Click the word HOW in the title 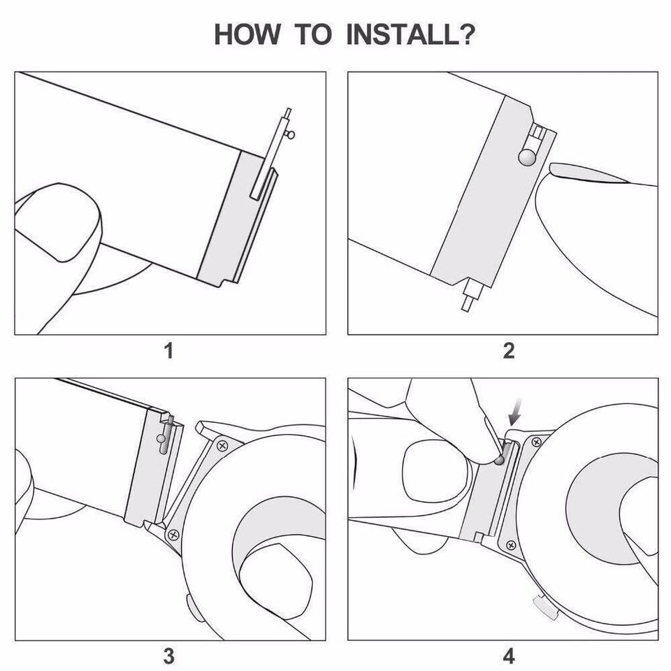247,34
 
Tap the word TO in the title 313,34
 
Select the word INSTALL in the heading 403,34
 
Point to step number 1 169,351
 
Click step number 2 508,351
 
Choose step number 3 169,656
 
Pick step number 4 508,656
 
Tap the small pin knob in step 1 291,135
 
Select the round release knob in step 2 527,157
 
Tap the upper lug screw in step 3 222,446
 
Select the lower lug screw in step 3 174,535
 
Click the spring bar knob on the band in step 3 161,439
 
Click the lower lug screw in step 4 511,545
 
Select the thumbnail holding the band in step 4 435,470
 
